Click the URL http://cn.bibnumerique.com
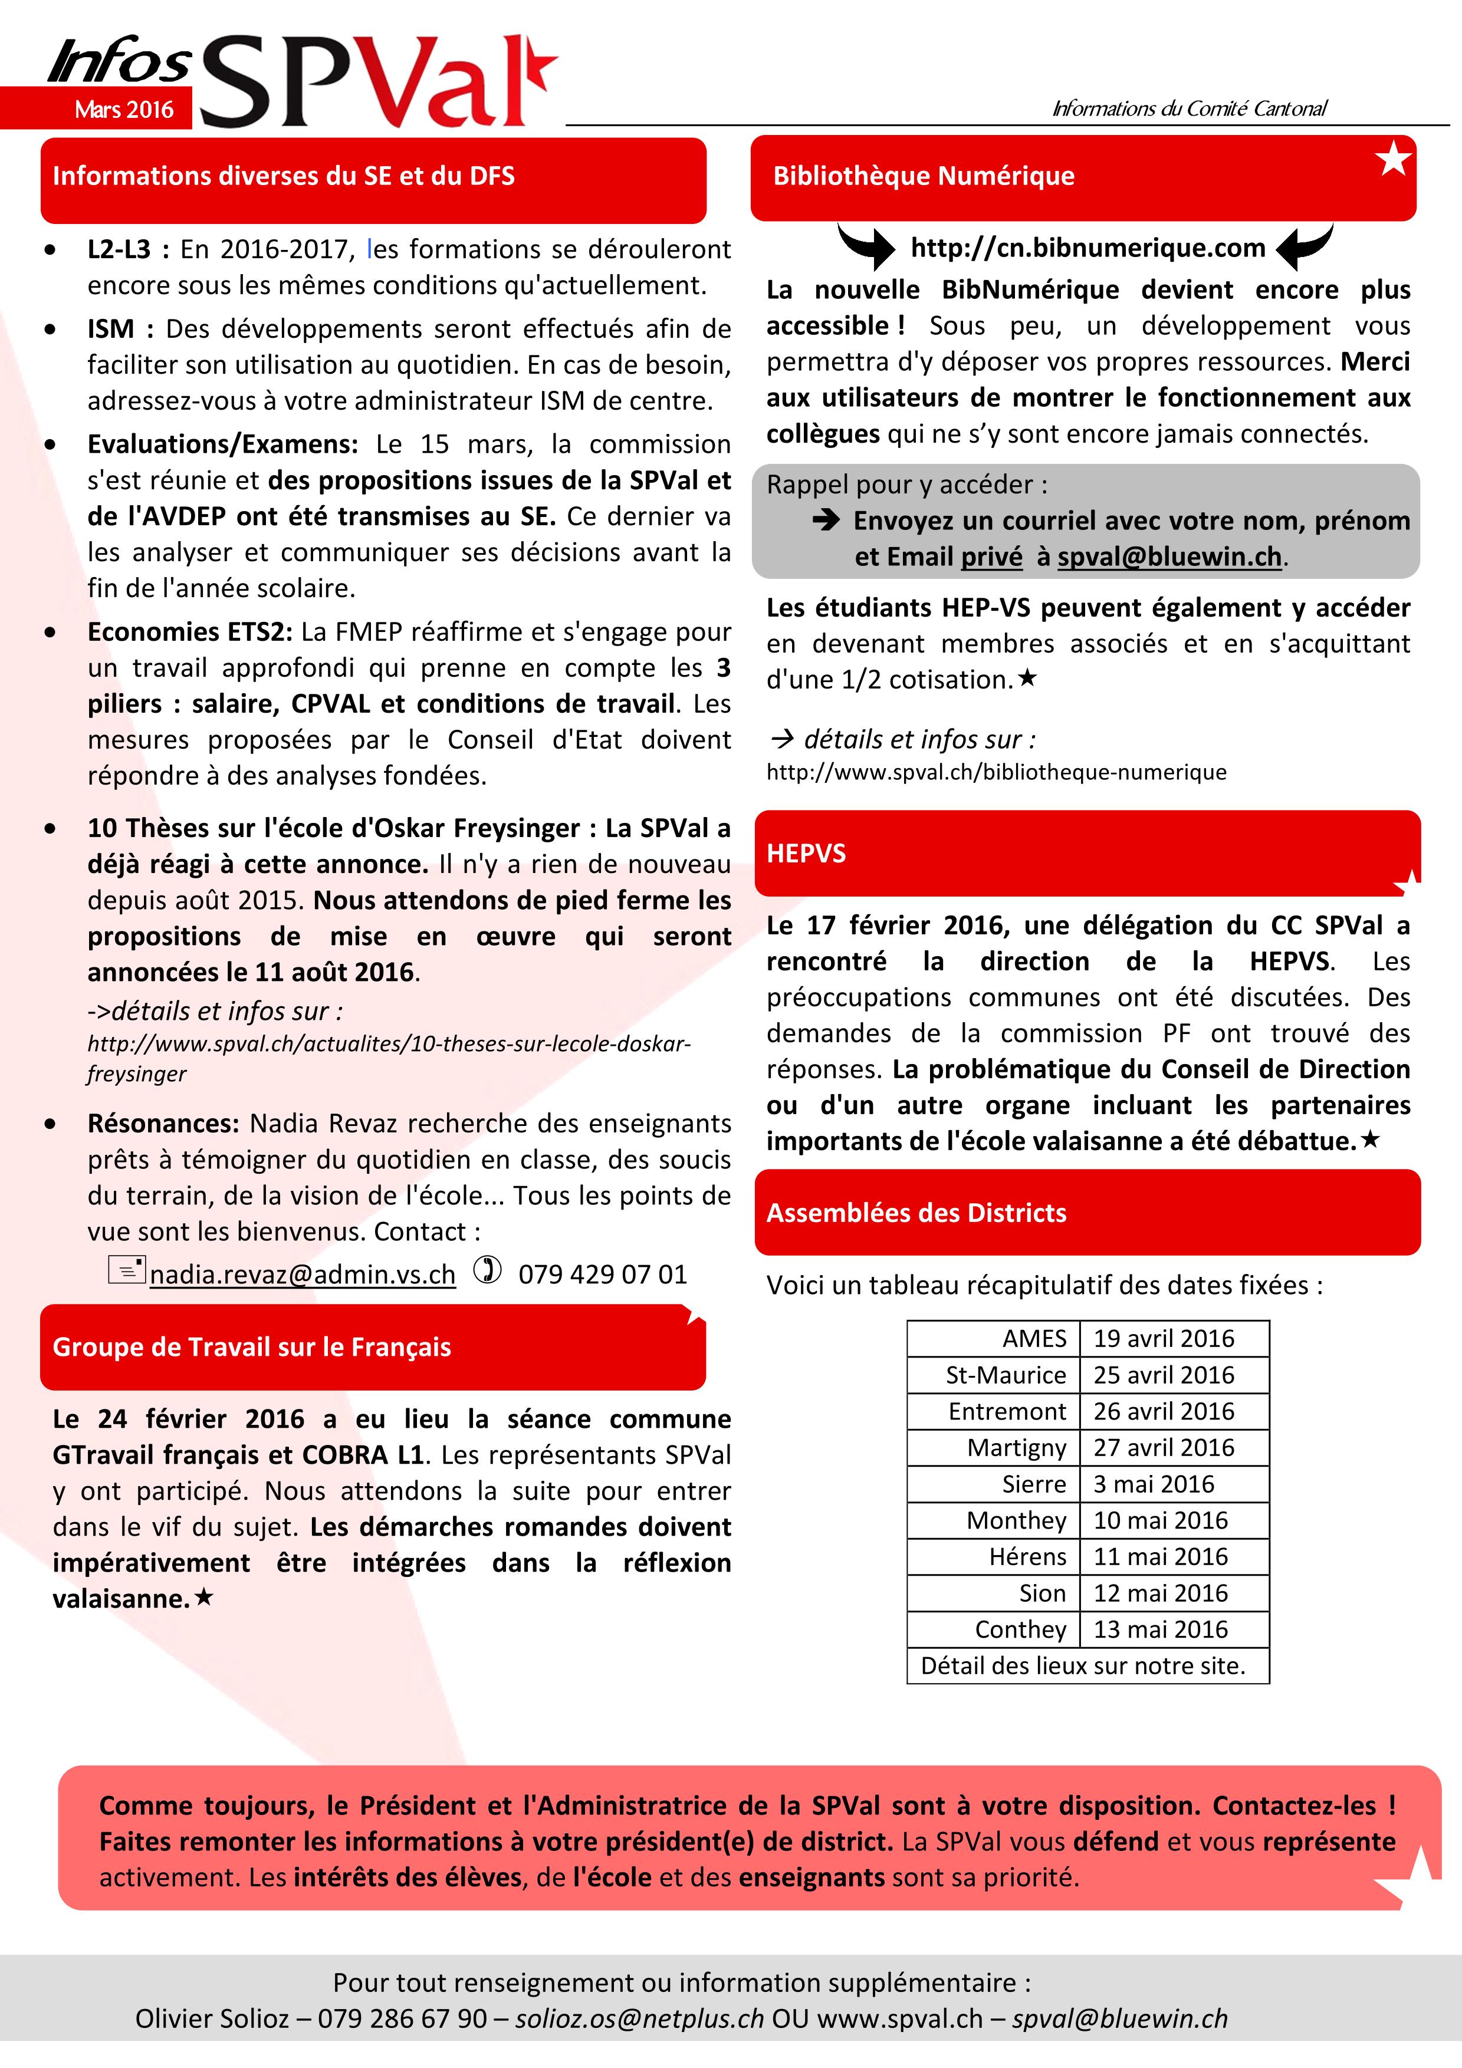1088,248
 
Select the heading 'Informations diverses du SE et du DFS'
284,176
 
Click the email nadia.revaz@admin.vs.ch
303,1275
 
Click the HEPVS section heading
806,854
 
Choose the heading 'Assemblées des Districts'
916,1213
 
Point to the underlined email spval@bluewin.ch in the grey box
1168,556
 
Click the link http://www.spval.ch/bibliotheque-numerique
996,772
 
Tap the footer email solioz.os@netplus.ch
639,2018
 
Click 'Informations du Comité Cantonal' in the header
1189,109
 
